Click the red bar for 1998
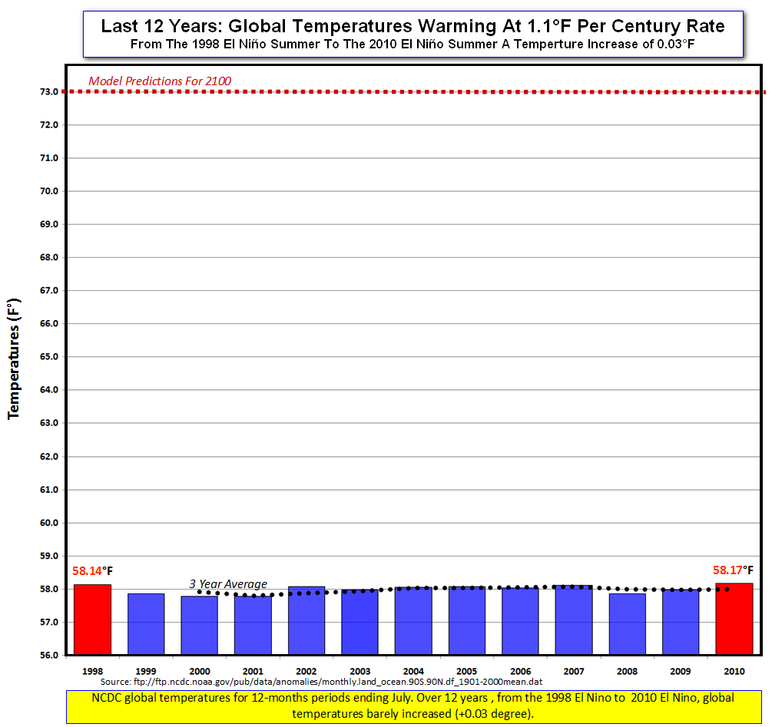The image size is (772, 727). point(92,620)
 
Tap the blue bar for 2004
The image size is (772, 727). point(413,621)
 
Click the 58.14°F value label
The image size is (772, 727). point(92,571)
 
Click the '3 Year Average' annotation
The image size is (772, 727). point(228,584)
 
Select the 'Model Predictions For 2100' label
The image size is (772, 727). point(160,81)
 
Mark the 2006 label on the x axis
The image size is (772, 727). point(519,670)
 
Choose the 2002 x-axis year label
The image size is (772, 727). point(306,670)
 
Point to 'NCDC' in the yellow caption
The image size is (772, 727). point(107,699)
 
